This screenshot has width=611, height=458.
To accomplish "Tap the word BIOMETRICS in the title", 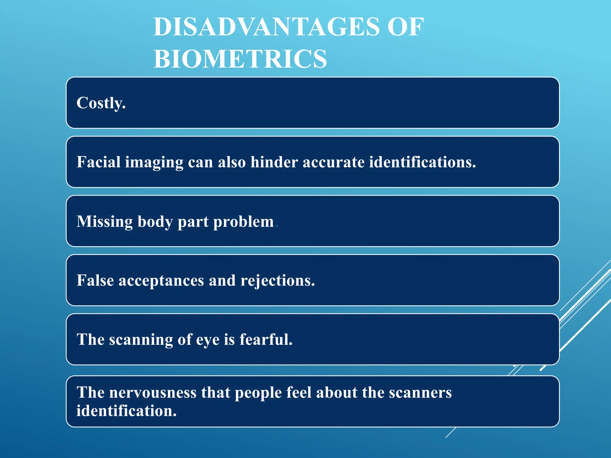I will [240, 59].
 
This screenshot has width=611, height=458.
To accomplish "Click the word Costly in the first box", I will [101, 103].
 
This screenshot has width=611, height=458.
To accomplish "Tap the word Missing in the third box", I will [104, 222].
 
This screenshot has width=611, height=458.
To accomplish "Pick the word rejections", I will [277, 281].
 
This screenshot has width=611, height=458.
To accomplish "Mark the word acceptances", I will [161, 281].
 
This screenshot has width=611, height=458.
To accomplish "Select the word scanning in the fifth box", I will [141, 340].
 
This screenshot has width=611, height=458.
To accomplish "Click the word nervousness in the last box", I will [153, 392].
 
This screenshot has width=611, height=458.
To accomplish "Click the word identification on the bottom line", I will [126, 411].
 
